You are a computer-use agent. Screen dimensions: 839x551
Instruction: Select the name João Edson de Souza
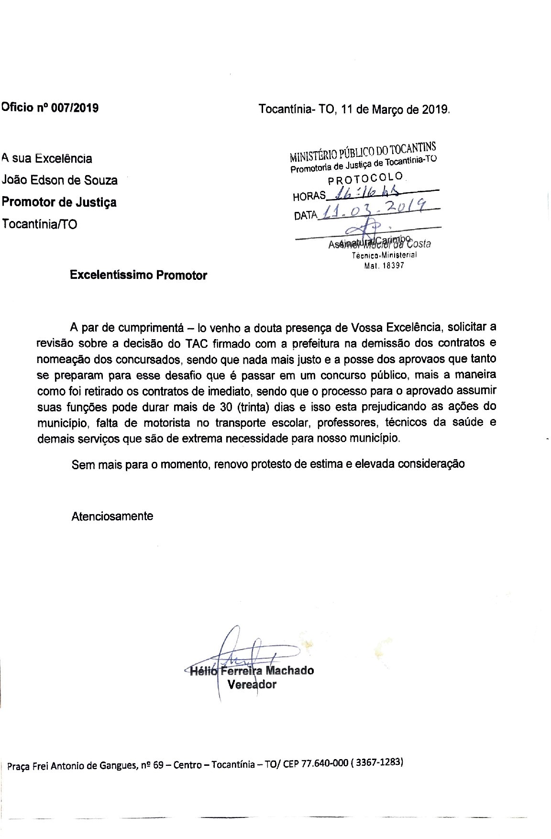[x=60, y=180]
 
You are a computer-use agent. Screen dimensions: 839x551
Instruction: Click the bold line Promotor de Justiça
[x=59, y=202]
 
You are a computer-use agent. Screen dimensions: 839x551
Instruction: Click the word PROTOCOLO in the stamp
[x=366, y=179]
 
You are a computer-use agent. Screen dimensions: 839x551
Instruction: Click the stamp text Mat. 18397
[x=384, y=265]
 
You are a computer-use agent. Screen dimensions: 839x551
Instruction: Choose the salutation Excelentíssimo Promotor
[x=138, y=276]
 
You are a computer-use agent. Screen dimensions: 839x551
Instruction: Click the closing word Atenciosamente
[x=112, y=516]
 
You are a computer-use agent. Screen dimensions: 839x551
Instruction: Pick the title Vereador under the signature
[x=252, y=684]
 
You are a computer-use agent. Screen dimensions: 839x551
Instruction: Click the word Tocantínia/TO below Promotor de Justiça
[x=39, y=224]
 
